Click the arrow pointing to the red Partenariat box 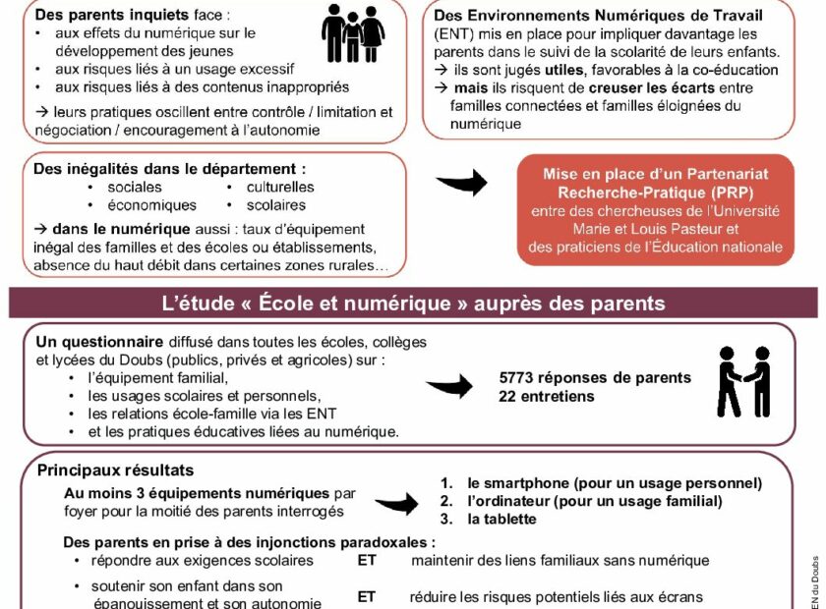tap(461, 181)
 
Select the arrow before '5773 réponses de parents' tap(449, 386)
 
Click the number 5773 tap(517, 378)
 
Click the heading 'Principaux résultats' tap(115, 471)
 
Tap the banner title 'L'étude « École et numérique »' tap(412, 304)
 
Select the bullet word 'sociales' tap(136, 187)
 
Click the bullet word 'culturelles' tap(279, 187)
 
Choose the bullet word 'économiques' tap(151, 205)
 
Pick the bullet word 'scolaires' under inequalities tap(275, 205)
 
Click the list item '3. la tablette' tap(488, 519)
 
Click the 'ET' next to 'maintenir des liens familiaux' tap(366, 561)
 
